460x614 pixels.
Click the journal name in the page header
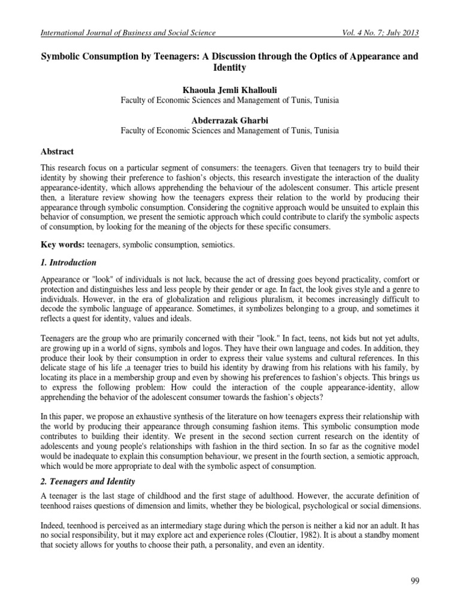(126, 32)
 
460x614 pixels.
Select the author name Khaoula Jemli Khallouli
(229, 89)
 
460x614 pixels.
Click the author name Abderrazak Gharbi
(229, 120)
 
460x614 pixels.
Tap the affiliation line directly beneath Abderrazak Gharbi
(229, 130)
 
